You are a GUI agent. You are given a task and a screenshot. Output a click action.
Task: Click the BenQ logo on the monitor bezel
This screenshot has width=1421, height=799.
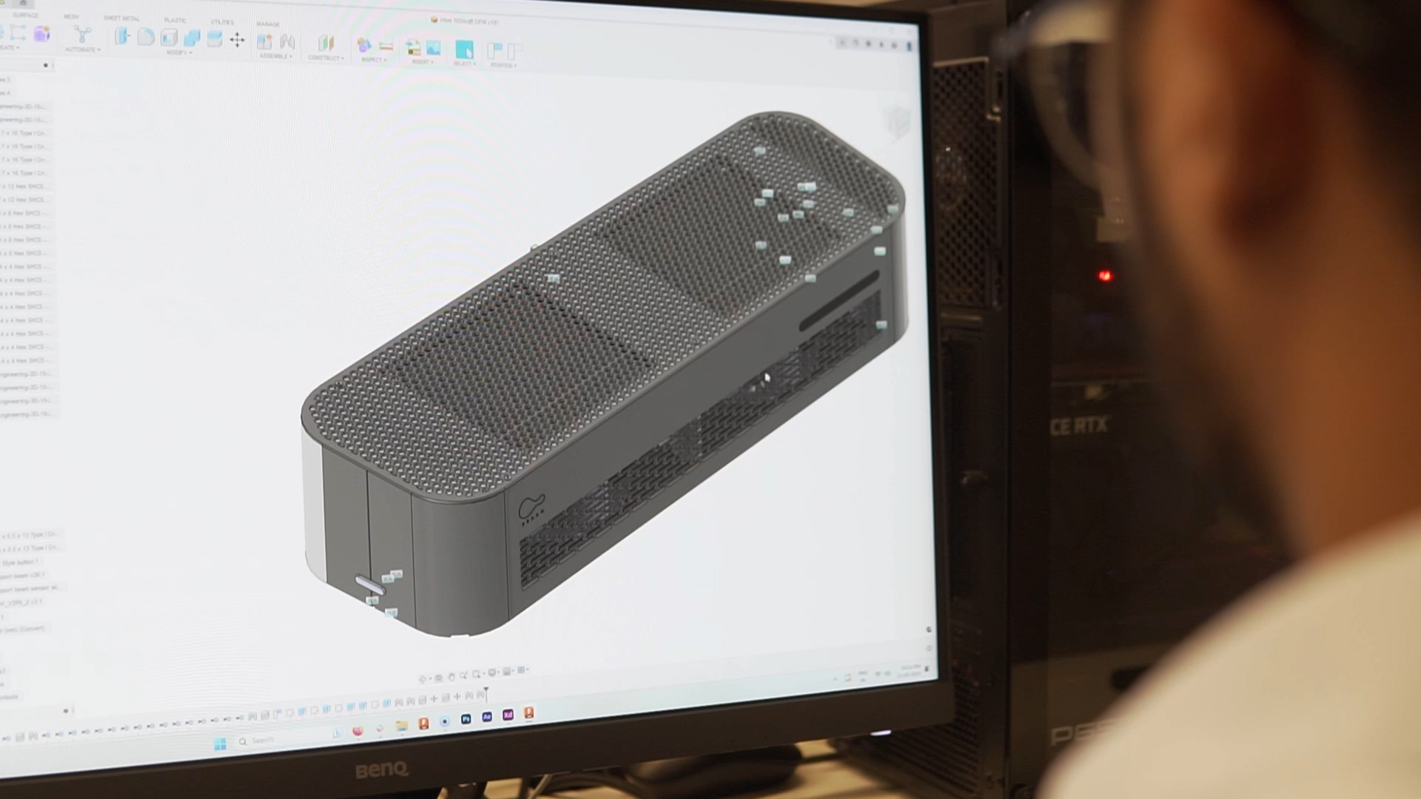pos(381,769)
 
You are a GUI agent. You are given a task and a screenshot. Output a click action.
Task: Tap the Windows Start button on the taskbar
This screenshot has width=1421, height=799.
pos(220,744)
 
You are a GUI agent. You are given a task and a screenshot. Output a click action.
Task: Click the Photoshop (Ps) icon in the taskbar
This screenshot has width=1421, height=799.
pos(466,718)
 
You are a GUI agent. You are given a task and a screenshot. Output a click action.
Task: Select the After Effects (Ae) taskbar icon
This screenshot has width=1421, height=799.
pos(487,717)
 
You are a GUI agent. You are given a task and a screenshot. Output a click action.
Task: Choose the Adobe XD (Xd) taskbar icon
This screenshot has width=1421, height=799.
pos(508,715)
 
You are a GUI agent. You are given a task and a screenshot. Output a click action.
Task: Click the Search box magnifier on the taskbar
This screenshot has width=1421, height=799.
pos(243,741)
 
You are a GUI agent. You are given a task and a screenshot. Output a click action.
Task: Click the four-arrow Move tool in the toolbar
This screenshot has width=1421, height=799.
pos(237,40)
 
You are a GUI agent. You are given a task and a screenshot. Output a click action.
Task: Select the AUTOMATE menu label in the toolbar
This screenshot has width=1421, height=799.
pos(81,50)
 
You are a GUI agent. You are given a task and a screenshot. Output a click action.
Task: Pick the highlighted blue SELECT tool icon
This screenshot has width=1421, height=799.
pos(464,50)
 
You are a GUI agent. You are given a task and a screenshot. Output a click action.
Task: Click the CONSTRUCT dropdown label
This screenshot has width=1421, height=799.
pos(325,58)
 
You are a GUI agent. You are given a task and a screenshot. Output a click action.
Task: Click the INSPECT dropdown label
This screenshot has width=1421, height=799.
pos(373,60)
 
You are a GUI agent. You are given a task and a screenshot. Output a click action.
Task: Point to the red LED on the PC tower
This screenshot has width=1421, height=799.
pos(1105,276)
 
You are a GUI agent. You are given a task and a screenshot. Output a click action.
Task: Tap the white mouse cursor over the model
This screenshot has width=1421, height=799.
pos(767,378)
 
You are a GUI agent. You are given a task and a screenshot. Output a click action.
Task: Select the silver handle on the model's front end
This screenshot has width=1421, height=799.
pos(369,586)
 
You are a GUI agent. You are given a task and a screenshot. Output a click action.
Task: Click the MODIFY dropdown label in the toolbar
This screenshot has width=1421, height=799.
pos(178,53)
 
